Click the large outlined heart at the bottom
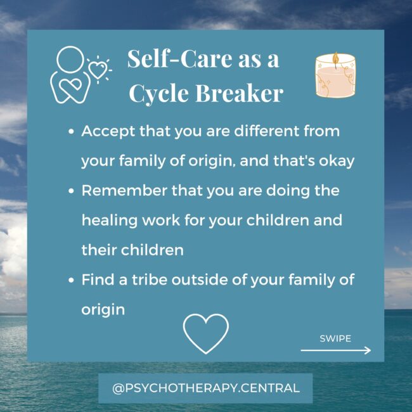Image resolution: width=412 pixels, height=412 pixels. point(205,333)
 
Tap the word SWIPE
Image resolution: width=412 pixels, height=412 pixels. point(335,338)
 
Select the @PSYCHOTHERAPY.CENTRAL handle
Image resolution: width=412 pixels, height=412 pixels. point(205,387)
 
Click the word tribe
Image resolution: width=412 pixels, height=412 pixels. point(146,280)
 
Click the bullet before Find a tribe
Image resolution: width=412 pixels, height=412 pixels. point(72,280)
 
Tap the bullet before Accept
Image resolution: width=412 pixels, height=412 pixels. point(72,132)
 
